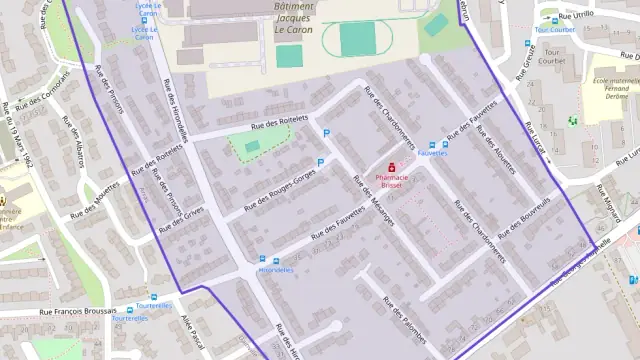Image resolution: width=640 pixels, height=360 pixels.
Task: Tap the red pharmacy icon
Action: click(x=391, y=167)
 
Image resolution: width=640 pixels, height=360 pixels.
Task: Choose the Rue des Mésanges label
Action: click(x=371, y=200)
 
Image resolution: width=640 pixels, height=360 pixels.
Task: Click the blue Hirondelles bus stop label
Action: click(x=276, y=270)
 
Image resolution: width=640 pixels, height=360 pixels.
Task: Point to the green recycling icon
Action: click(x=573, y=121)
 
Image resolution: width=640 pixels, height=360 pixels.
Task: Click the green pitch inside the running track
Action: click(x=357, y=39)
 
